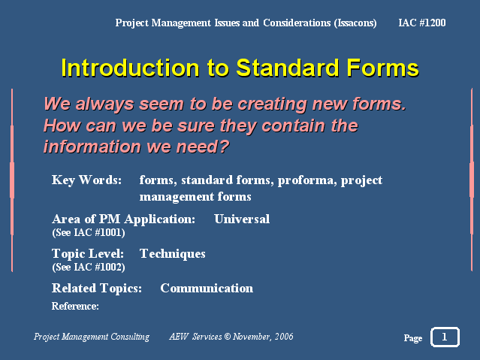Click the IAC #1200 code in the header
422,23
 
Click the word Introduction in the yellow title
131,68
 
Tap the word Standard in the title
288,68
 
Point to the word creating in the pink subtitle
272,104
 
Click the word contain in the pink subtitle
290,126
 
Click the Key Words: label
86,180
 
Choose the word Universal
242,219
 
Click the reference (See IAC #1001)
89,233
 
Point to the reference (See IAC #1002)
89,267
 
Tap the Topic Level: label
88,254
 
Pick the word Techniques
172,254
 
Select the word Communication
207,289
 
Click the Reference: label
75,306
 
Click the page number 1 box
445,337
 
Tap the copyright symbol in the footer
227,337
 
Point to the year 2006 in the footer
284,337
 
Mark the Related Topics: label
97,289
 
